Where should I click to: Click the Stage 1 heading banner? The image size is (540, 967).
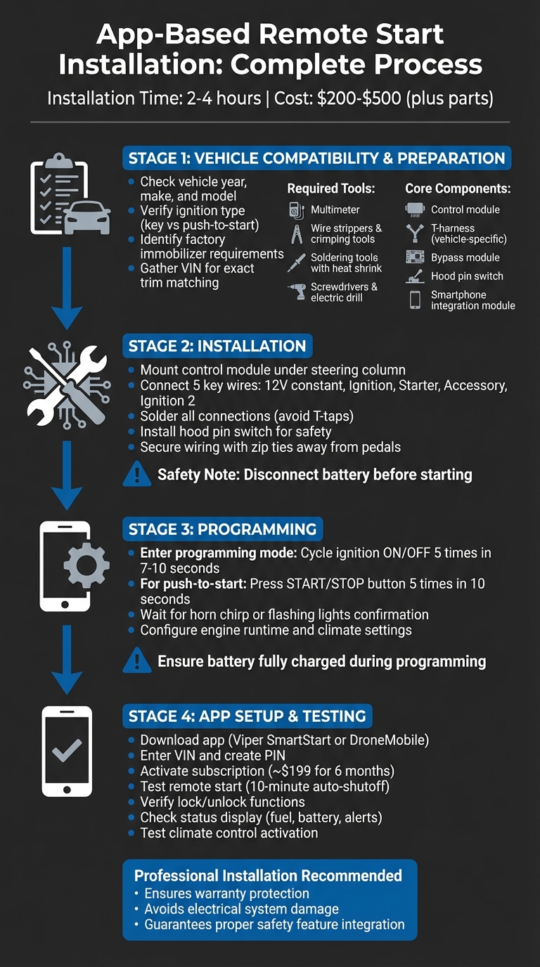316,158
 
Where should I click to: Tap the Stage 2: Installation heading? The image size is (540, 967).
217,346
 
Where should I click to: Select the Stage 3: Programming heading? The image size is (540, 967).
222,528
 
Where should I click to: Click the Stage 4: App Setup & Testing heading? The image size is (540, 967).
247,716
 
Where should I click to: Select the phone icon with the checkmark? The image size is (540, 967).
67,751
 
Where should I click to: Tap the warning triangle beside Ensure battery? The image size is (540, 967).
136,661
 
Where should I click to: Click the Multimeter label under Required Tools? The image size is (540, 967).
335,209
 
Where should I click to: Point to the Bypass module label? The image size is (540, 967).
465,258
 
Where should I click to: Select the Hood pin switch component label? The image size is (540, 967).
467,276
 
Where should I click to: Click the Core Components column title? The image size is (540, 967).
458,189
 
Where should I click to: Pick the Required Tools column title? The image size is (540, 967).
331,189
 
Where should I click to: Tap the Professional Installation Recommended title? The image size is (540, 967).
268,876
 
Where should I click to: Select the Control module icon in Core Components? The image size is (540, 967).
415,209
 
